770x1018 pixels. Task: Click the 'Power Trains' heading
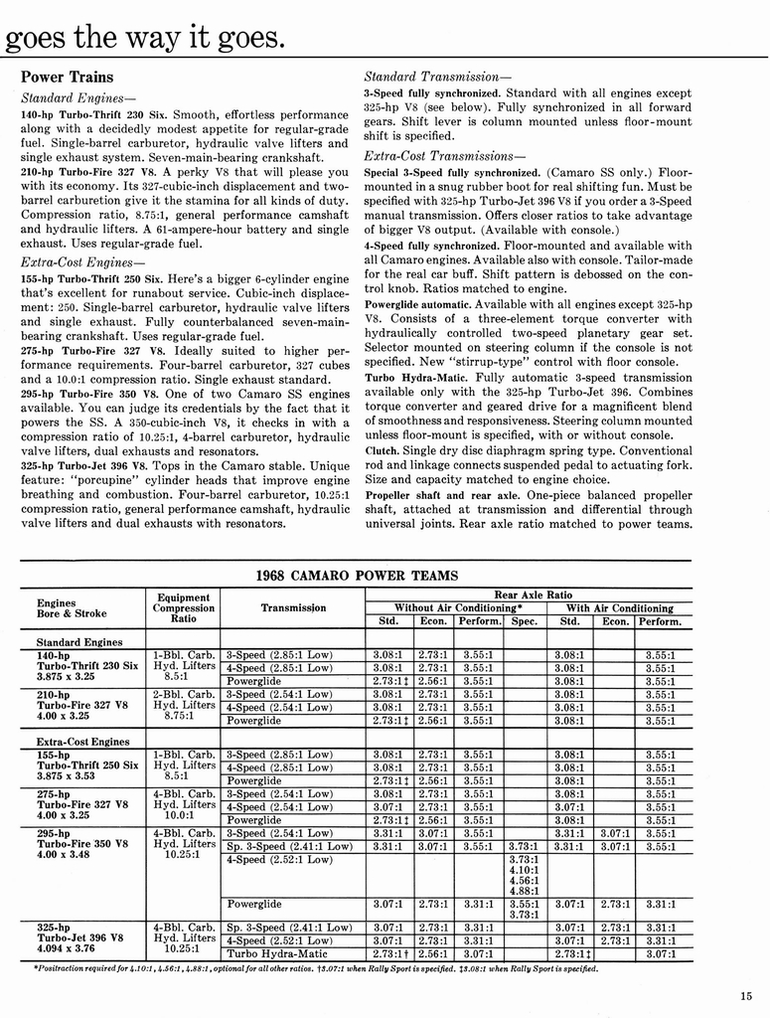click(x=67, y=77)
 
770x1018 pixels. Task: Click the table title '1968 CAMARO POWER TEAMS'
click(x=357, y=575)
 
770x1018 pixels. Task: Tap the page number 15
click(x=746, y=997)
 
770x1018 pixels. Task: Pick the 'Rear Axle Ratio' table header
click(x=529, y=594)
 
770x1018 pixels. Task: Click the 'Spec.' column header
click(x=524, y=621)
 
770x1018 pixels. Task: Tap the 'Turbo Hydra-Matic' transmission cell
click(x=277, y=953)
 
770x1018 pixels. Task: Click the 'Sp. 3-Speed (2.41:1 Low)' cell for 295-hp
click(x=289, y=846)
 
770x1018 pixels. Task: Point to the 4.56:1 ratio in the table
click(x=524, y=880)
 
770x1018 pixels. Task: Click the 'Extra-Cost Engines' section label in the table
click(x=83, y=742)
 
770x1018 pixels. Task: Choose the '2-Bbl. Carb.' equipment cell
click(x=185, y=694)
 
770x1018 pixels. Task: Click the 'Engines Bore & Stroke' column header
click(x=72, y=607)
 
